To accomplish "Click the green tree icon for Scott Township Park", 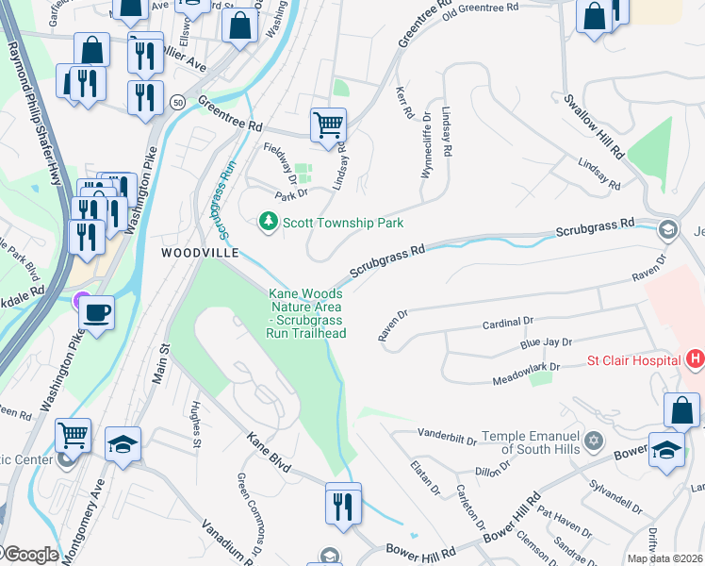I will click(269, 223).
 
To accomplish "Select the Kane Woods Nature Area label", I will click(307, 313).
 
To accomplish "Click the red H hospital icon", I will click(695, 359).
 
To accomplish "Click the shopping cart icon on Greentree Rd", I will click(328, 124).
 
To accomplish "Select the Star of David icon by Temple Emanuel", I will click(594, 441).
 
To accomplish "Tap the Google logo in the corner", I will click(30, 555).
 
